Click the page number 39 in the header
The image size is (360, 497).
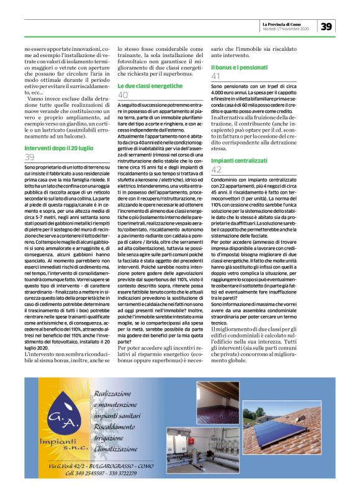[x=328, y=26]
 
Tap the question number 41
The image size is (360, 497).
[x=217, y=76]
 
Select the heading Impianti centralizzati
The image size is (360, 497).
[x=242, y=160]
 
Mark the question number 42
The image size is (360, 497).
[x=217, y=169]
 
